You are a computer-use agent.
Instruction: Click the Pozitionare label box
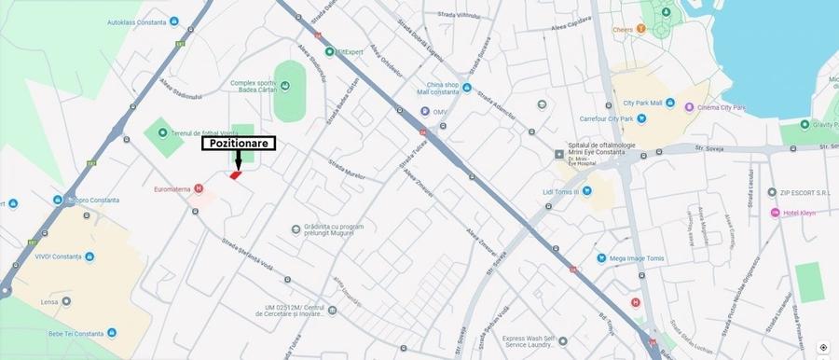[x=239, y=144]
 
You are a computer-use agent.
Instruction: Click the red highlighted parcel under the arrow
[x=236, y=174]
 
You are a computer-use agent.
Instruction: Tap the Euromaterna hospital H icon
[x=198, y=188]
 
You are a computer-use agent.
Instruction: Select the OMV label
[x=442, y=114]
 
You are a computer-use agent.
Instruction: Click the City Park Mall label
[x=642, y=103]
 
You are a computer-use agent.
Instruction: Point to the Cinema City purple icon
[x=689, y=108]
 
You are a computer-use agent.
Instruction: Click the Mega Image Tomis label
[x=638, y=258]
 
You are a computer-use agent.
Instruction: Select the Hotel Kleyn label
[x=798, y=213]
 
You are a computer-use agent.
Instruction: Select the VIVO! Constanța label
[x=58, y=256]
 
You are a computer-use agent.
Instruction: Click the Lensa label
[x=49, y=302]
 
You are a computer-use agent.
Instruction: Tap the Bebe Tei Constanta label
[x=75, y=333]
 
